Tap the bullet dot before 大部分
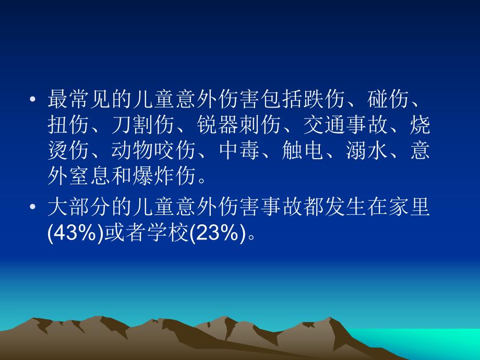point(33,208)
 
